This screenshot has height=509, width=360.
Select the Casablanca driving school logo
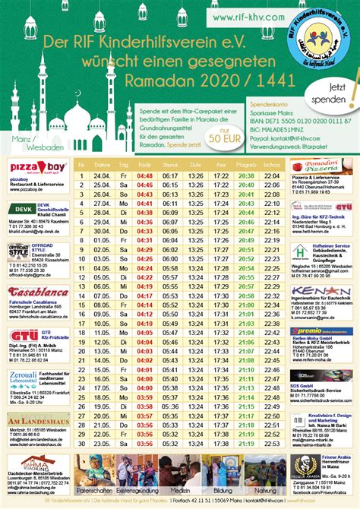39,292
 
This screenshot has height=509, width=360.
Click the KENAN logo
321,292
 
